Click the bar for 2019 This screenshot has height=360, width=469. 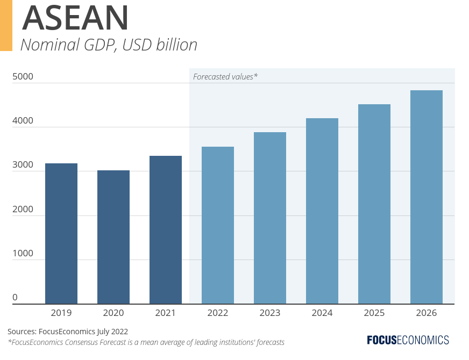click(61, 233)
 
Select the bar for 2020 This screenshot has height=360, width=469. click(113, 237)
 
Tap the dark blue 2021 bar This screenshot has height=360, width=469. click(166, 229)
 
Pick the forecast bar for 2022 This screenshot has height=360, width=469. click(218, 225)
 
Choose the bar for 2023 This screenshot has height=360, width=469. click(270, 218)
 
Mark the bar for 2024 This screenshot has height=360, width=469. click(322, 211)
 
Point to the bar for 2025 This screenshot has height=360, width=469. click(374, 204)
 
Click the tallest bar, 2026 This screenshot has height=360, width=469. click(427, 197)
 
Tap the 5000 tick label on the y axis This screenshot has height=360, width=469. click(23, 76)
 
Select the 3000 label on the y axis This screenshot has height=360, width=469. click(23, 165)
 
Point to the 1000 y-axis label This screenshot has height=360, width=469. click(23, 253)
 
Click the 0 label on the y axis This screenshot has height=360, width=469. click(15, 297)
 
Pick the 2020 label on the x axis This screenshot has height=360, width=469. click(113, 313)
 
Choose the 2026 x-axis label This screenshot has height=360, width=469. click(427, 313)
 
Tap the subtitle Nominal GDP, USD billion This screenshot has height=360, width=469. click(109, 45)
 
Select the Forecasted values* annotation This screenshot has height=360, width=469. click(225, 76)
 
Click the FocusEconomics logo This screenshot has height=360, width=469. click(408, 340)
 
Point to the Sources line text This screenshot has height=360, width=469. click(68, 331)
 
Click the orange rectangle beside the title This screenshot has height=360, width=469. click(6, 25)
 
